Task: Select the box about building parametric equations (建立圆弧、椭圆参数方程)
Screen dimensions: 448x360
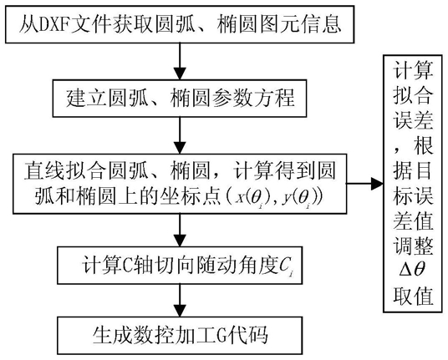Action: coord(180,99)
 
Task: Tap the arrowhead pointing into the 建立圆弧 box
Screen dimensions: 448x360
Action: coord(180,74)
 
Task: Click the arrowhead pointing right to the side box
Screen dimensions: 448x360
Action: coord(377,183)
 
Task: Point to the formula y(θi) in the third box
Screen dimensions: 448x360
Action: coord(300,198)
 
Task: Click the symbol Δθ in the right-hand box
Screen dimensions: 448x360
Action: coord(412,269)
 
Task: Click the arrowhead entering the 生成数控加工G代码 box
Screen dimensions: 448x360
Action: coord(180,311)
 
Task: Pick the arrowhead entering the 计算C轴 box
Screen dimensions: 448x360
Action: coord(180,241)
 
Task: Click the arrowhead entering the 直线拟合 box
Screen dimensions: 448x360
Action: coord(180,148)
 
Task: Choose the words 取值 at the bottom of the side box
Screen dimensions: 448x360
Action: coord(413,295)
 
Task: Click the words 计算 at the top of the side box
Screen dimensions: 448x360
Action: coord(413,70)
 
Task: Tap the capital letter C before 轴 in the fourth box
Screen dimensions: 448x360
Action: coord(126,267)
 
